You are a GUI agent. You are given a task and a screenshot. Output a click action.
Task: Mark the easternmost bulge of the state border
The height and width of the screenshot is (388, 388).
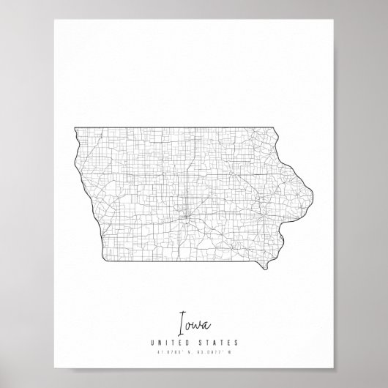pos(314,194)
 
